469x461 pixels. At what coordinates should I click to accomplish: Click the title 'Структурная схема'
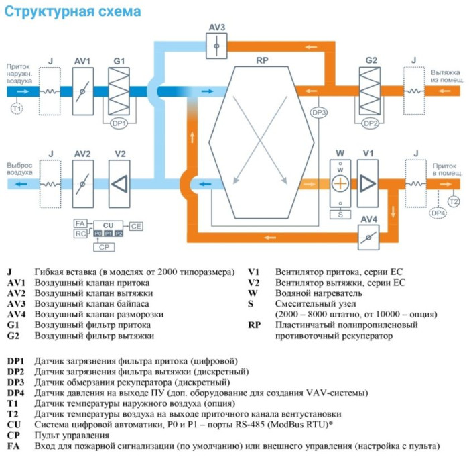pos(74,12)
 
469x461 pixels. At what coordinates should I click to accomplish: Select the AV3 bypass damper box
pos(216,46)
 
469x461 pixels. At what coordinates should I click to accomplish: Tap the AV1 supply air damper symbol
pos(82,91)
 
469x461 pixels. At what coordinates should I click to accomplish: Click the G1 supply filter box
pos(119,91)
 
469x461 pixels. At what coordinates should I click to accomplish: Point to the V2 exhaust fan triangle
pos(120,183)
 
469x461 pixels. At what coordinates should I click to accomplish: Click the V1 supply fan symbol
pos(367,183)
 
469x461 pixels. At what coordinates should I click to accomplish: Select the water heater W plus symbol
pos(340,183)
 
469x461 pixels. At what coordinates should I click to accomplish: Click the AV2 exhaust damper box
pos(82,183)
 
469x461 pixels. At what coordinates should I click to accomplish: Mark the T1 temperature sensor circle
pos(17,108)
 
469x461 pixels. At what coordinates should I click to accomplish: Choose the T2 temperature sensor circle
pos(454,201)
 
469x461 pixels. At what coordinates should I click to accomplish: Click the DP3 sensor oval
pos(319,113)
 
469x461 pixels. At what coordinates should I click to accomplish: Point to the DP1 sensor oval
pos(119,123)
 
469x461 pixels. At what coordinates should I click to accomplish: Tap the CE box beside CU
pos(136,226)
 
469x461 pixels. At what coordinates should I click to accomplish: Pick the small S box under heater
pos(340,215)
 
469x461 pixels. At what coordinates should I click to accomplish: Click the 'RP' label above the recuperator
pos(263,60)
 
